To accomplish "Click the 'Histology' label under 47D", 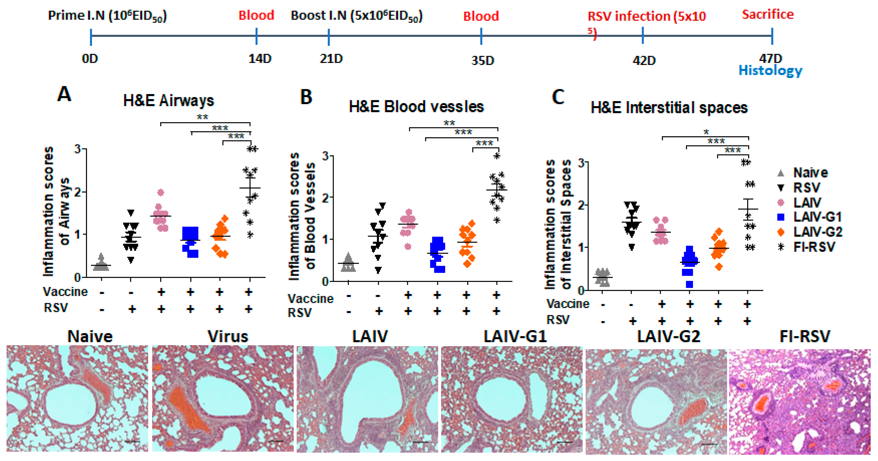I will point(770,71).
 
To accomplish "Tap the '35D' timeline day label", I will point(482,61).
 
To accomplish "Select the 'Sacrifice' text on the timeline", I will point(767,15).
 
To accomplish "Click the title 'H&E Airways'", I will point(168,101).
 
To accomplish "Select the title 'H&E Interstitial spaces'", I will point(669,108).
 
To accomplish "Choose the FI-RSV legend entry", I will point(814,247).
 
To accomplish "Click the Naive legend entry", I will point(810,173).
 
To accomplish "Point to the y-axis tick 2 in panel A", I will point(78,192).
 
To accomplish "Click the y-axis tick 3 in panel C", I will point(581,163).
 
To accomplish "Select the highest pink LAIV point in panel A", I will point(161,192).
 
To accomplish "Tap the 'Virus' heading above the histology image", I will point(228,337).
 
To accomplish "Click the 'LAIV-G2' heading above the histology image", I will point(668,337).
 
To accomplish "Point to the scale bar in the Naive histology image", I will point(132,442).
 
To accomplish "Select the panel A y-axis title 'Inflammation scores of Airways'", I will point(56,211).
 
